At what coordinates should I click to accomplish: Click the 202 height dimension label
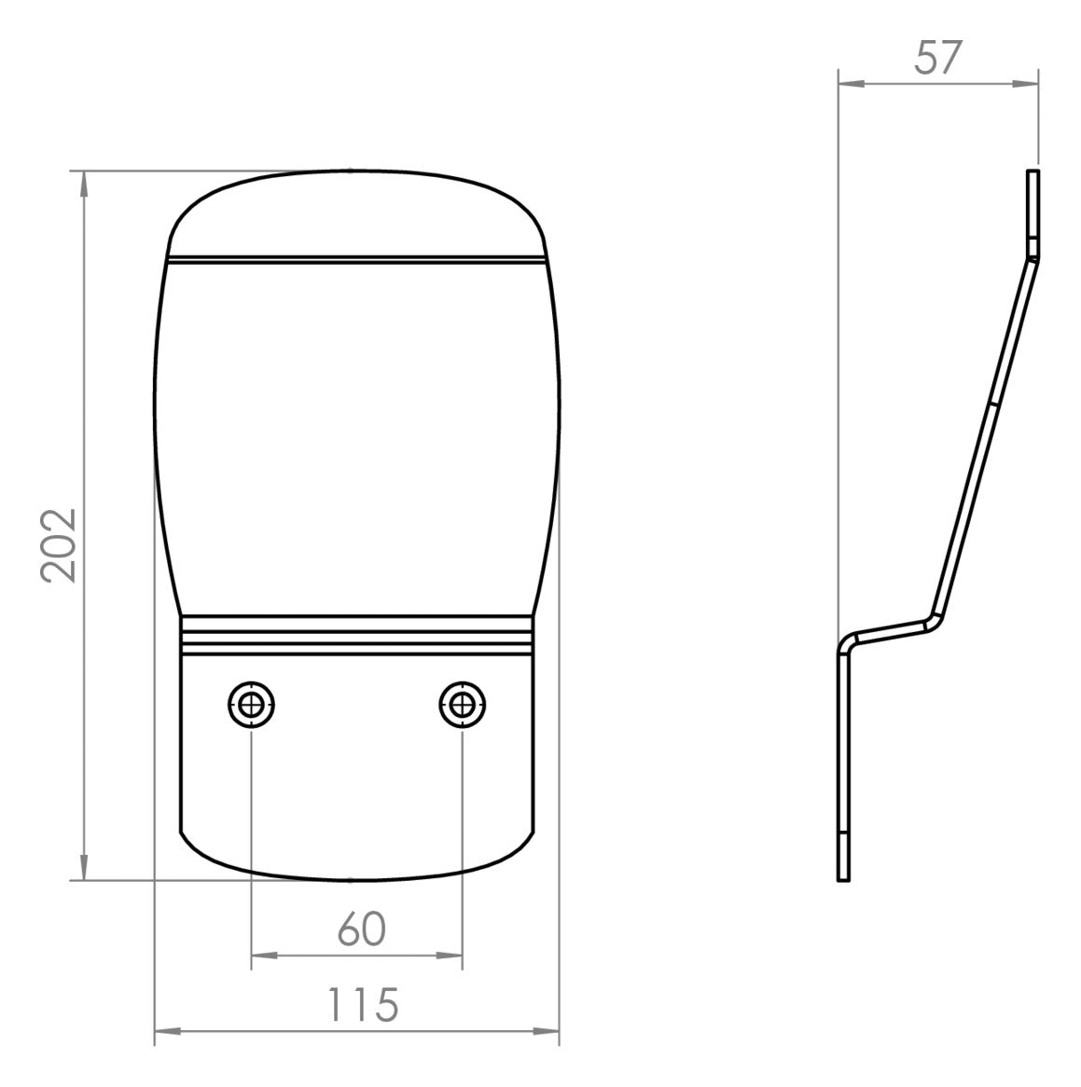coord(58,545)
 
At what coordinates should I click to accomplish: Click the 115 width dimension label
coord(363,1005)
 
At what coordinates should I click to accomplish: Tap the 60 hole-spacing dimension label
coord(361,929)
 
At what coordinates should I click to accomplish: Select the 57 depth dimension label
coord(938,58)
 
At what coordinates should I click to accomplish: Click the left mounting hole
coord(251,705)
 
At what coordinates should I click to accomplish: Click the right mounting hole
coord(462,705)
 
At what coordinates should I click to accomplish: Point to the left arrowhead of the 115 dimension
coord(167,1032)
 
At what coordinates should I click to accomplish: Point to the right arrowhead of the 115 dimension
coord(546,1032)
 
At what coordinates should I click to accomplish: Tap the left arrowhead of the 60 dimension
coord(264,956)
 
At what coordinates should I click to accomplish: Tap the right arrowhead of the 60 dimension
coord(449,956)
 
